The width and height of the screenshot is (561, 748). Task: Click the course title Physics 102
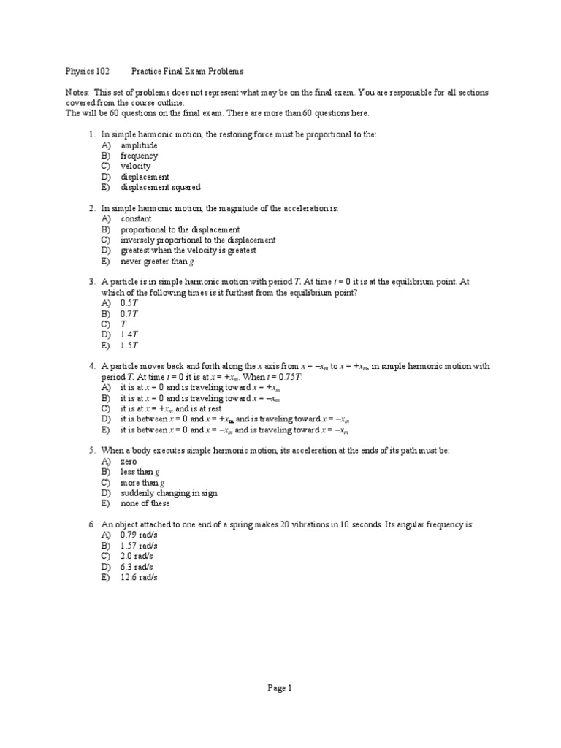[88, 72]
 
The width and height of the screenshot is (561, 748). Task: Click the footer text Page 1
[280, 687]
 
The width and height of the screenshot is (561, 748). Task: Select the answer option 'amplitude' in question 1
[139, 145]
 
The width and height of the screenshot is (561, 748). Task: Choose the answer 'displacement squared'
[160, 187]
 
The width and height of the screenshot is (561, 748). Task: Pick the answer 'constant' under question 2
[136, 218]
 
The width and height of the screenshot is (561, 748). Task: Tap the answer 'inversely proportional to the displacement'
[198, 240]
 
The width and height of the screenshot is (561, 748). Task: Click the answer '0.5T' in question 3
[129, 302]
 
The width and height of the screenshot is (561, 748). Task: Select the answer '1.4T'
[129, 334]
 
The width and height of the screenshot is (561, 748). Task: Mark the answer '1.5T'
[129, 345]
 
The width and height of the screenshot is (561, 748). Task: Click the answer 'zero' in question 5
[129, 462]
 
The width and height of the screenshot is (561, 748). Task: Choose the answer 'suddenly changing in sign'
[169, 493]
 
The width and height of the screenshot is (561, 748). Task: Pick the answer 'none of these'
[145, 503]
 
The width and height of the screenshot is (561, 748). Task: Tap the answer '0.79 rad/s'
[139, 535]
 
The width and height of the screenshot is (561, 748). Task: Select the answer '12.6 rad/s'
[139, 577]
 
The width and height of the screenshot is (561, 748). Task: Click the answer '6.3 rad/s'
[137, 566]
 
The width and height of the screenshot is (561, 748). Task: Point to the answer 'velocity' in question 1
[135, 166]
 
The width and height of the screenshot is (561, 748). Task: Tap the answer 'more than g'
[142, 483]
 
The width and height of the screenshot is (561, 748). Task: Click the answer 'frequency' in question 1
[139, 156]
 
